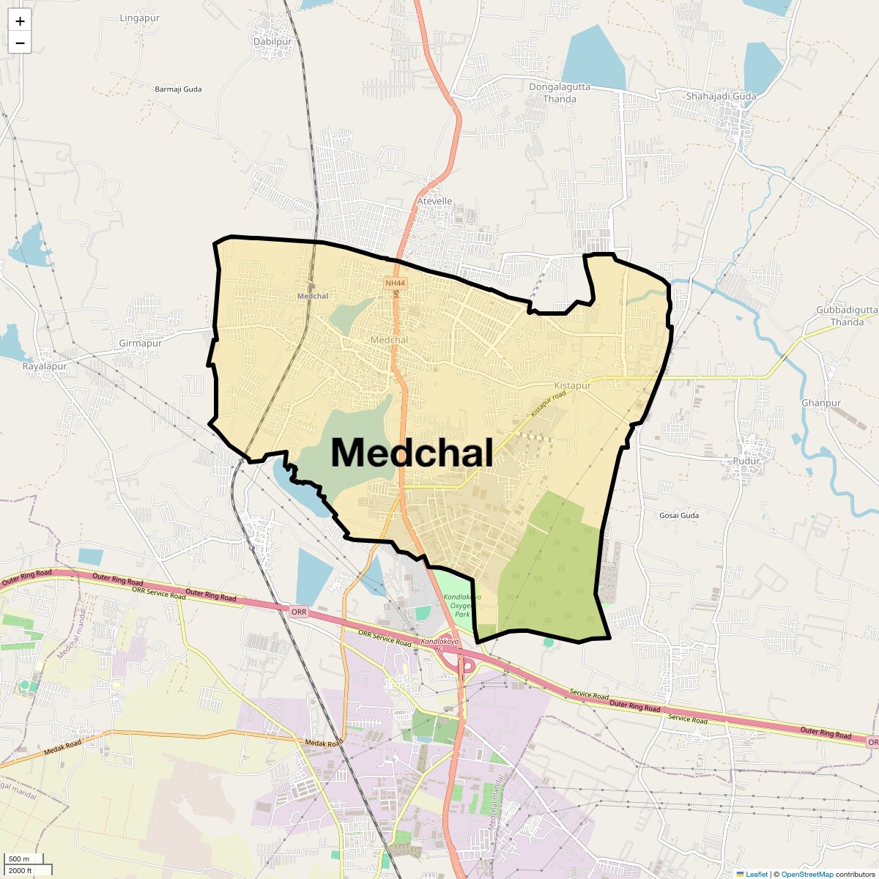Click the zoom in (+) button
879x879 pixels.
(x=20, y=21)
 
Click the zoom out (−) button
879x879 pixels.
(x=20, y=43)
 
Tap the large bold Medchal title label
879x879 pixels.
(x=412, y=453)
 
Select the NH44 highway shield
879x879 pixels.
(x=394, y=283)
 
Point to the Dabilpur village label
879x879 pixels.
(x=272, y=42)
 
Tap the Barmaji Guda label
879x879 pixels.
(x=178, y=89)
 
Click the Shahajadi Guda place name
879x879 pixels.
(x=721, y=96)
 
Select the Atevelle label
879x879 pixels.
(x=434, y=201)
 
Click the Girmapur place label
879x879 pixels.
(x=140, y=343)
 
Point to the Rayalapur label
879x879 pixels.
(x=45, y=366)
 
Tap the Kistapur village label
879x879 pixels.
(x=572, y=385)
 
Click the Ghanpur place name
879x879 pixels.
(x=821, y=403)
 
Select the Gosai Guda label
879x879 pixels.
(x=679, y=516)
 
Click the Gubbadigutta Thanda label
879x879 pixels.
(x=847, y=316)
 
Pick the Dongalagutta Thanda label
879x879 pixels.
(x=559, y=92)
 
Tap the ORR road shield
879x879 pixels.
(x=298, y=612)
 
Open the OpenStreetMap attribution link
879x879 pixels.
(x=807, y=874)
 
